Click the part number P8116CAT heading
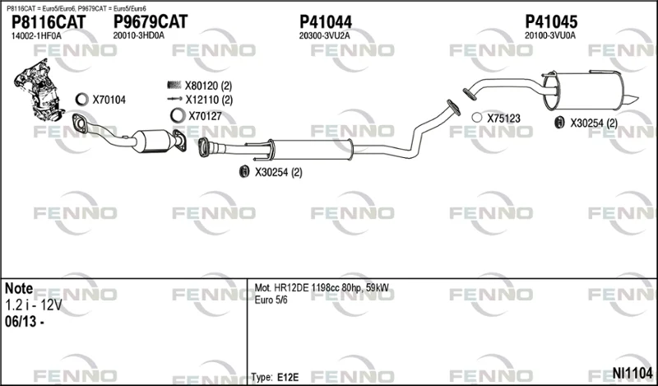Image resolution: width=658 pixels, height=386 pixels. [49, 22]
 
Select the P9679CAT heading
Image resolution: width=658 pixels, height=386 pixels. [151, 22]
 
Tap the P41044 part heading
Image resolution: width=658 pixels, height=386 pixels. [325, 22]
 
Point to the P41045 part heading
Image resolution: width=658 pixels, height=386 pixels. [551, 22]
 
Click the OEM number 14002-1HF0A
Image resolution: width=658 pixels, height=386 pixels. [36, 36]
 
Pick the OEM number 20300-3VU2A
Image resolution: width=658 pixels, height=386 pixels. [324, 36]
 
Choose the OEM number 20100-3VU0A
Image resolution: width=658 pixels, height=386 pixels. [550, 36]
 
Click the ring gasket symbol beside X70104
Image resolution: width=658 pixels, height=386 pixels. [81, 100]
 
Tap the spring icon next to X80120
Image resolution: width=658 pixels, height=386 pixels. [174, 86]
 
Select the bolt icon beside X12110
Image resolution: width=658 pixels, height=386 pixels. [174, 100]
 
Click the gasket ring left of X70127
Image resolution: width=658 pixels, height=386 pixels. [178, 115]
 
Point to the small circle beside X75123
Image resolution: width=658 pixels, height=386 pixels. [477, 118]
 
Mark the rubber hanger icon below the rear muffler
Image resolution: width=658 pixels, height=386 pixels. [559, 123]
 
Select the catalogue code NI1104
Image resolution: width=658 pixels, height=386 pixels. [633, 373]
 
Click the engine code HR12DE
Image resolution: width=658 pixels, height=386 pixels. [291, 288]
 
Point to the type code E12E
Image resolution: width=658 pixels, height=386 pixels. [288, 377]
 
